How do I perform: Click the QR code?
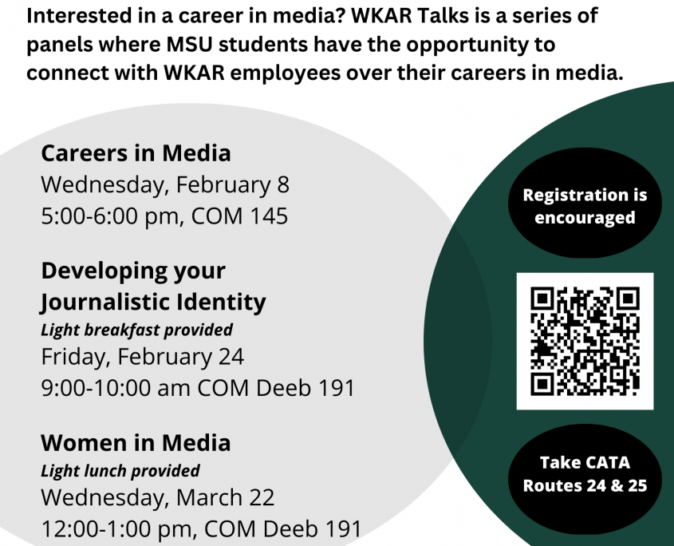click(585, 341)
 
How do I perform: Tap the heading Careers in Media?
click(136, 153)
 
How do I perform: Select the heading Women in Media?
click(136, 443)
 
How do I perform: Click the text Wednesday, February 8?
click(165, 185)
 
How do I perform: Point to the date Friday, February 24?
click(143, 357)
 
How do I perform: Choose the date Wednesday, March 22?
click(158, 498)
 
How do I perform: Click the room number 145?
click(269, 216)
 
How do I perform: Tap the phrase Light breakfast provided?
click(136, 330)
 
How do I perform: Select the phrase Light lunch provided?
click(120, 471)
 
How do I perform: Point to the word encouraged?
click(585, 218)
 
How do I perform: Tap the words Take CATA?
click(585, 463)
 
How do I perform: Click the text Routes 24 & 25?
click(585, 485)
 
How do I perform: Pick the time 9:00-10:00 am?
click(116, 388)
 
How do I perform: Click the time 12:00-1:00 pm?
click(119, 529)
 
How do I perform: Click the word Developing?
click(104, 272)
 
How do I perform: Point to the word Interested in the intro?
click(76, 16)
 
